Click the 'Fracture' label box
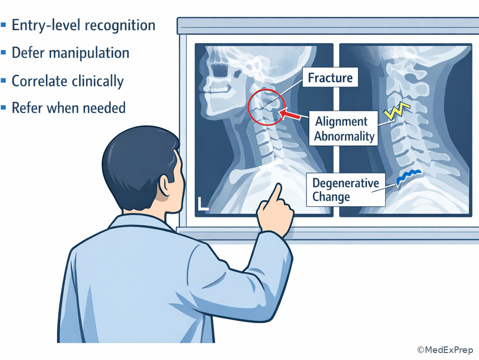[330, 77]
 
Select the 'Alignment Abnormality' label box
[343, 128]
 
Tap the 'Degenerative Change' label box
[346, 190]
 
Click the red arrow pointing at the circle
[290, 114]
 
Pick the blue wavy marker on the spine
[409, 176]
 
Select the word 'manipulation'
[89, 53]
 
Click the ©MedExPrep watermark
[445, 350]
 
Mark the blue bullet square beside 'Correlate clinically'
[3, 80]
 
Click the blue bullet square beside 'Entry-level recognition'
[3, 25]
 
